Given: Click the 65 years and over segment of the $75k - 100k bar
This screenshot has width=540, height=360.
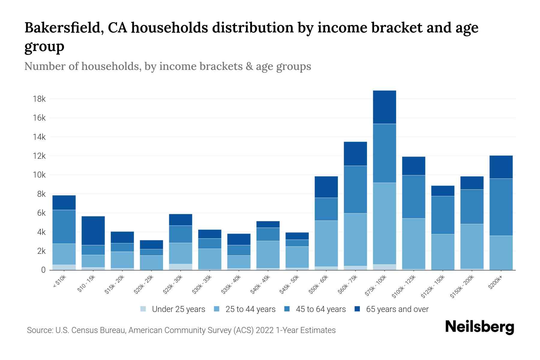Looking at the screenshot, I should pos(384,107).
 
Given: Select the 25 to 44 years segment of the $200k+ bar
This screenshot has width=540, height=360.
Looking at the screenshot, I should pos(501,253).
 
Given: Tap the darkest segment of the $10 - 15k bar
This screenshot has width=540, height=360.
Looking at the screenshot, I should pos(93,230).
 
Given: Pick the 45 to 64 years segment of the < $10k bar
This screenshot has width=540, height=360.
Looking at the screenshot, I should pos(64,226).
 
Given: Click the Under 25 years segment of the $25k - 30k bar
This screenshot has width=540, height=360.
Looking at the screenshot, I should pos(181,267).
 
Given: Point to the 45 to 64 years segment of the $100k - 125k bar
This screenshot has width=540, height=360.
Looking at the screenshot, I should pos(413,197).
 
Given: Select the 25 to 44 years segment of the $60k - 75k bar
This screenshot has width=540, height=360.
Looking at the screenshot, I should pos(355,239).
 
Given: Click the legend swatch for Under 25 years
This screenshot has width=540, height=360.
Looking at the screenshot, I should pos(143,309).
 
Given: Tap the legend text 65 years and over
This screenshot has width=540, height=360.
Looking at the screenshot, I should pos(397,309).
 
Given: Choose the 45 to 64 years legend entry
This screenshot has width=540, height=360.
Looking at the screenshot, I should pos(320,309).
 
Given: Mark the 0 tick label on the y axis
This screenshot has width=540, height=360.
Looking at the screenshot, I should pos(43,270).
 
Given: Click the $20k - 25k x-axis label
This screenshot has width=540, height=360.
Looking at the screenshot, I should pos(144,285).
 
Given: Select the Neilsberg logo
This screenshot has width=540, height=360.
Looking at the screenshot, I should pos(479,327).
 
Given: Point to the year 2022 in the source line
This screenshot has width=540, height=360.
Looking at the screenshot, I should pos(265,330).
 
